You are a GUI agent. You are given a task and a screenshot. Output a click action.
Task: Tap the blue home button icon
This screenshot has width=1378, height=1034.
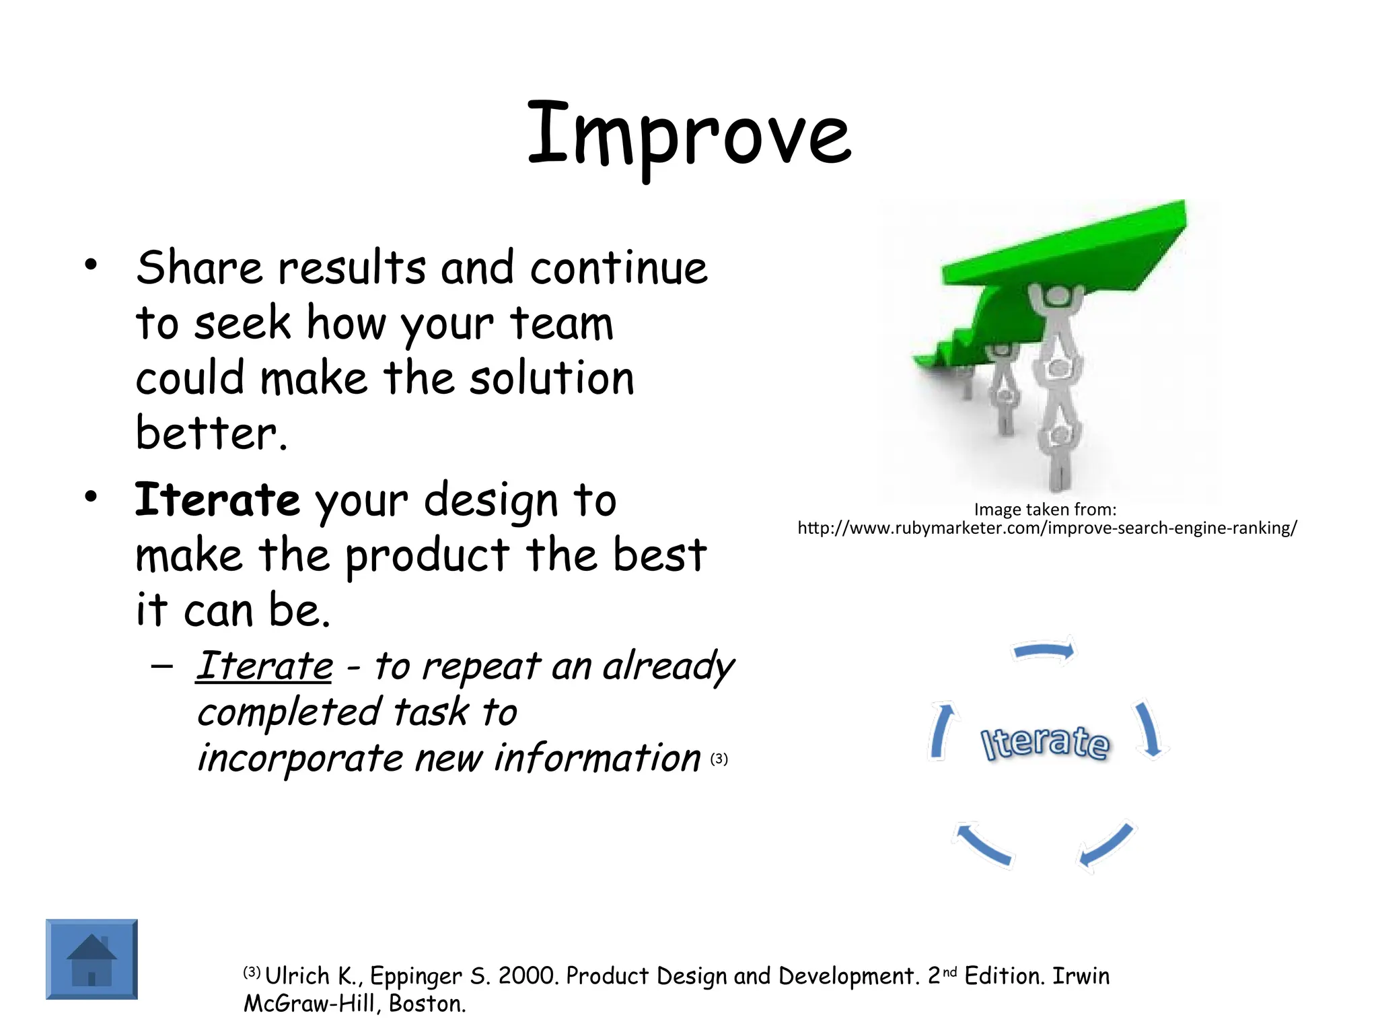(92, 959)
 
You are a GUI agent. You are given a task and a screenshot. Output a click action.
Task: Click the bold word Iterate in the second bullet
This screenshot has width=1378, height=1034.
(217, 499)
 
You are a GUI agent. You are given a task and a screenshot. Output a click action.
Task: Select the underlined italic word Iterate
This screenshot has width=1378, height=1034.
(264, 666)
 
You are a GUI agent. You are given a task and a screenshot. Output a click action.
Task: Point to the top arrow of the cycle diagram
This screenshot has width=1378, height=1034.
(1044, 651)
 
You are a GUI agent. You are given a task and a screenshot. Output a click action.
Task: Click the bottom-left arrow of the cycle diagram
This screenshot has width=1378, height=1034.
(982, 844)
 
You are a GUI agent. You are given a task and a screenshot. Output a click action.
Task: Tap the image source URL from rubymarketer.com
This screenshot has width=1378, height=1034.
(1046, 528)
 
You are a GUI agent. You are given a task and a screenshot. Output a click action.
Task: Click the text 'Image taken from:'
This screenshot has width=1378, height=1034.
(1044, 510)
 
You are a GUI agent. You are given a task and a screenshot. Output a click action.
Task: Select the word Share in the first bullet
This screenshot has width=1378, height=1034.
(199, 268)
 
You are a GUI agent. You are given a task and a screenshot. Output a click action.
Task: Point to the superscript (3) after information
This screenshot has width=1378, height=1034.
(719, 759)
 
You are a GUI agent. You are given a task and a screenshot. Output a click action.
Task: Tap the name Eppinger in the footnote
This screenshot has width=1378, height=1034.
(415, 976)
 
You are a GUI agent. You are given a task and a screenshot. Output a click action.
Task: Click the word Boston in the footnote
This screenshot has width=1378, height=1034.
(427, 1004)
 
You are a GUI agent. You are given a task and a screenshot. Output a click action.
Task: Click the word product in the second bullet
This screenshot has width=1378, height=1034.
(427, 556)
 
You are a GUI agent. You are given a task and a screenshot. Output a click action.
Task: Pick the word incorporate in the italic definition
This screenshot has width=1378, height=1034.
(299, 759)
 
